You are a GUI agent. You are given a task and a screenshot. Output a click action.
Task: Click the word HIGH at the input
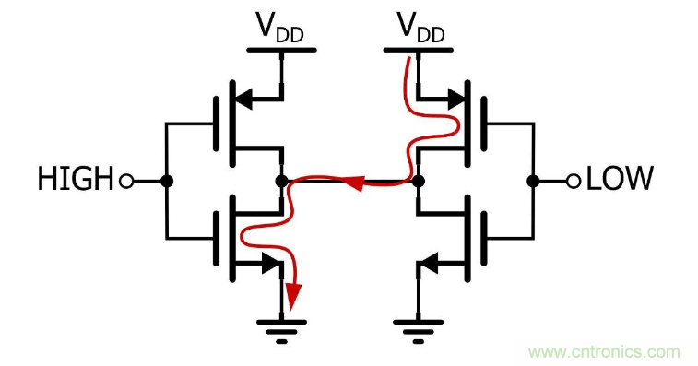75,180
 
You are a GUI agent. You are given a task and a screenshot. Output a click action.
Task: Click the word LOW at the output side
621,179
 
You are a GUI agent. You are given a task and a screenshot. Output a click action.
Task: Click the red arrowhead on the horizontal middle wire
351,182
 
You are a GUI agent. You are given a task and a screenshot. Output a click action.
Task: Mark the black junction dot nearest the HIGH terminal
167,181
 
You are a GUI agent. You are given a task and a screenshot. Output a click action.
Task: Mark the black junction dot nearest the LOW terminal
532,181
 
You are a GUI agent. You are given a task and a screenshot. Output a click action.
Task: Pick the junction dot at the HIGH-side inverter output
281,181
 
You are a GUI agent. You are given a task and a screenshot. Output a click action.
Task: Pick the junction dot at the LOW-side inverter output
418,181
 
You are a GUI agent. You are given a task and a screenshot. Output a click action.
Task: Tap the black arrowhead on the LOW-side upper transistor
455,97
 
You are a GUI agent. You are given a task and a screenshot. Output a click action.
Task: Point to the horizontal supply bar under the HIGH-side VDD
280,48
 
